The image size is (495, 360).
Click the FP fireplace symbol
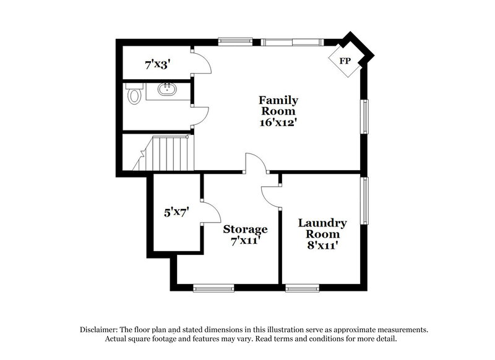pyautogui.click(x=345, y=61)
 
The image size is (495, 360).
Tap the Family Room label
pyautogui.click(x=278, y=106)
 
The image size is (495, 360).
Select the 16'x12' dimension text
pyautogui.click(x=278, y=122)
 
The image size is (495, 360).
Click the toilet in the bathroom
pyautogui.click(x=134, y=96)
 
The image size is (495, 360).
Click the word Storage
pyautogui.click(x=245, y=229)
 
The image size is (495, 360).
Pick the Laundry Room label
pyautogui.click(x=322, y=228)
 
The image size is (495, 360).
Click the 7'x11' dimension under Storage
pyautogui.click(x=244, y=240)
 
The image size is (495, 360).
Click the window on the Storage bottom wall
pyautogui.click(x=213, y=287)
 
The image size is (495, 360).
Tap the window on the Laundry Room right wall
pyautogui.click(x=366, y=202)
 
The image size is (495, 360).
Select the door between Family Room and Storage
pyautogui.click(x=256, y=163)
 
